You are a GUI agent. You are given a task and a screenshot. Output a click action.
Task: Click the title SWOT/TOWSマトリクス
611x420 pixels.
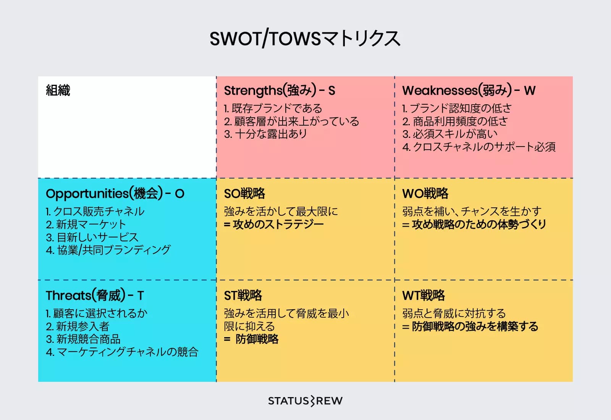coord(305,39)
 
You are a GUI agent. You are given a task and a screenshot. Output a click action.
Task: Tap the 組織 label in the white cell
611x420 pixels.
coord(58,90)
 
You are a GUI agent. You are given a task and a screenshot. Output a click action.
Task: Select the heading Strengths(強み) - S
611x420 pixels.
coord(280,90)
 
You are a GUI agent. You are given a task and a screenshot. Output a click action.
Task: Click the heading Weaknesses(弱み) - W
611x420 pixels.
coord(469,90)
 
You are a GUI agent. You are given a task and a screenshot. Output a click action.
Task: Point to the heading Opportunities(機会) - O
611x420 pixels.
coord(115,194)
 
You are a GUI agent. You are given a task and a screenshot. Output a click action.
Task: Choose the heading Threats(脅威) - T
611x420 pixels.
coord(95,296)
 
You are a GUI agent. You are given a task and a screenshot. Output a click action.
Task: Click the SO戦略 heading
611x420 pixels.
coord(244,194)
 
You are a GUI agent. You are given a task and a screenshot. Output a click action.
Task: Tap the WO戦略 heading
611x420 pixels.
coord(425,194)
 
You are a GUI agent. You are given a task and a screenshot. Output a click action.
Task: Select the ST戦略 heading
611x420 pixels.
coord(243,296)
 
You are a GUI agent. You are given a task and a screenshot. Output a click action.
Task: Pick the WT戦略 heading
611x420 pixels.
coord(423,296)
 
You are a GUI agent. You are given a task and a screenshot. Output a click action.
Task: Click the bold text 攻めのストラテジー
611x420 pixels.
coord(278,225)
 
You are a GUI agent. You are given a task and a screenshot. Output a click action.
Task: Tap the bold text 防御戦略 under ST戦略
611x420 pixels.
coord(257,339)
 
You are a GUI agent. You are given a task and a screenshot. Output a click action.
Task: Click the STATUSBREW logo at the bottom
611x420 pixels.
coord(305,401)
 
